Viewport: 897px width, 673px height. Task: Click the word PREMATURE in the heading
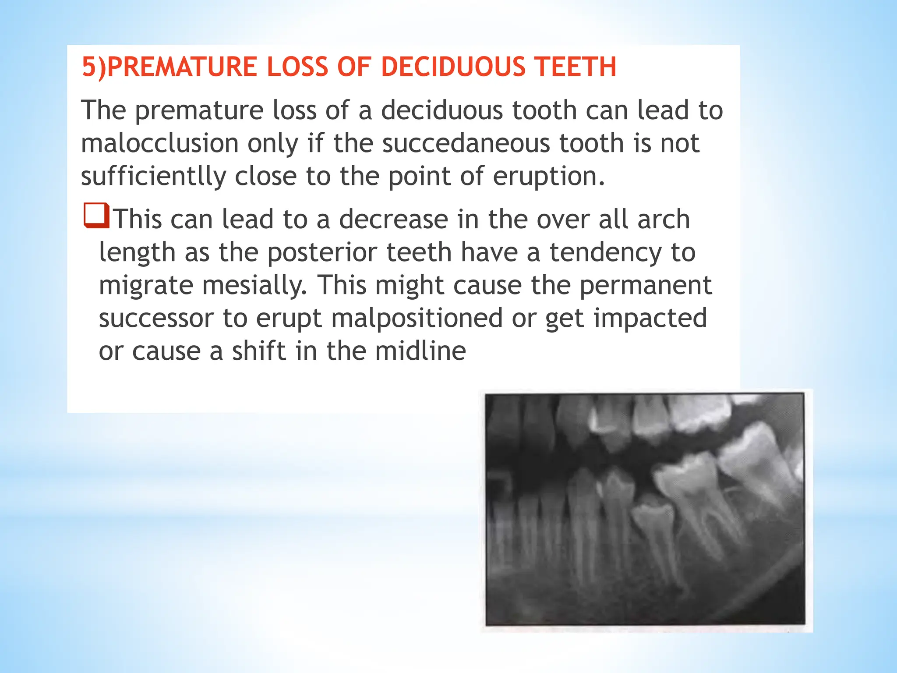pyautogui.click(x=181, y=67)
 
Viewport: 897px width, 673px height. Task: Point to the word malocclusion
pyautogui.click(x=159, y=143)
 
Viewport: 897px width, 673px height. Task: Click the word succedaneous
pyautogui.click(x=466, y=143)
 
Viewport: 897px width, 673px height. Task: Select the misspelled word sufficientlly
pyautogui.click(x=153, y=177)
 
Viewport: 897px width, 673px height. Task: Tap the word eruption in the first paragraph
pyautogui.click(x=548, y=177)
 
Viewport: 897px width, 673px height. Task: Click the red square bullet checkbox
pyautogui.click(x=96, y=216)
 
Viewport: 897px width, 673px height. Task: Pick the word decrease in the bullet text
pyautogui.click(x=393, y=219)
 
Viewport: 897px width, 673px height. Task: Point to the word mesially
pyautogui.click(x=254, y=285)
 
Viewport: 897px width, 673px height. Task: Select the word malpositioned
pyautogui.click(x=417, y=318)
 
